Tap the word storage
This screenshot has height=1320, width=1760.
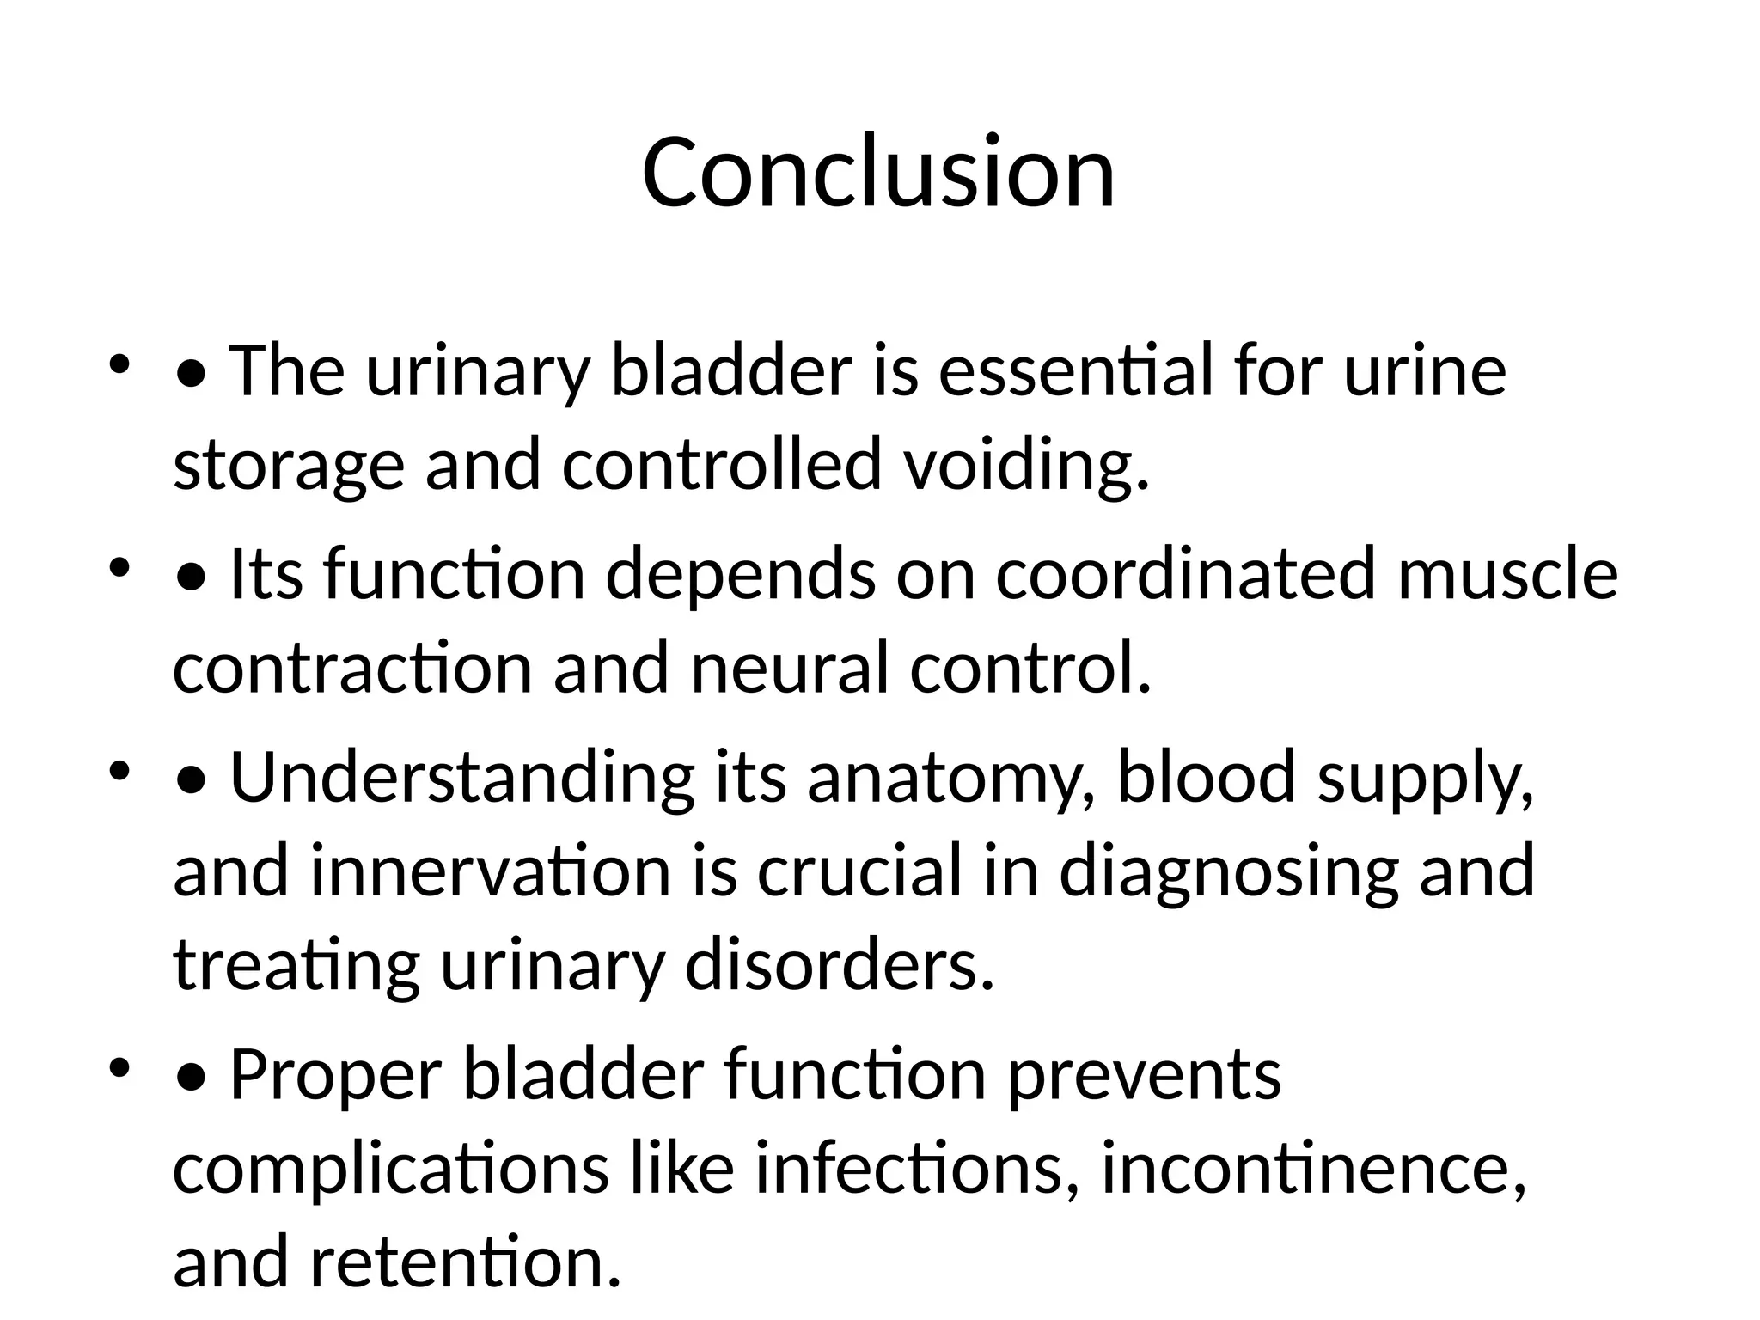coord(289,465)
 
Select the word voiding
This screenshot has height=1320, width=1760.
coord(1026,465)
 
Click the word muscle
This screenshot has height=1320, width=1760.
coord(1508,574)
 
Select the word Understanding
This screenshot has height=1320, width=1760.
coord(461,778)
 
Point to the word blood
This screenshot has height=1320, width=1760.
coord(1206,776)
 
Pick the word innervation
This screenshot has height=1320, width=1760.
coord(490,871)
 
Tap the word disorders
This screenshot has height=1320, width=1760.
coord(840,965)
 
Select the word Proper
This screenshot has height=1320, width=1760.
coord(336,1076)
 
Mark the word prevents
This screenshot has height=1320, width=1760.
coord(1144,1076)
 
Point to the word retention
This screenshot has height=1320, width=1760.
coord(465,1262)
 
